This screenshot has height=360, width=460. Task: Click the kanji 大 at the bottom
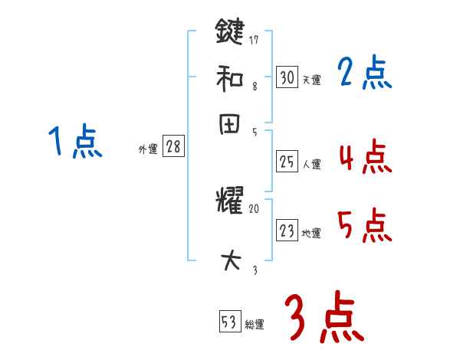point(229,261)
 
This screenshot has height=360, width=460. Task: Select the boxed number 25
point(287,162)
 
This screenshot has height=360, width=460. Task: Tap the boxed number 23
point(287,231)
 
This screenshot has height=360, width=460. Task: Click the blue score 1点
point(75,142)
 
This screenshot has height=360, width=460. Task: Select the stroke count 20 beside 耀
point(255,208)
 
